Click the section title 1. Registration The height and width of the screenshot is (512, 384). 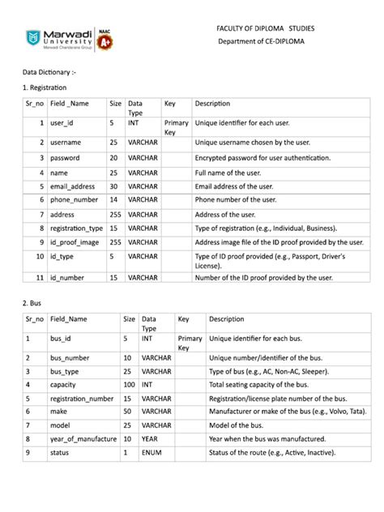click(45, 87)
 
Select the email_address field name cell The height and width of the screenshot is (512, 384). click(72, 186)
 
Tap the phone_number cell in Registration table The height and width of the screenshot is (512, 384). click(74, 199)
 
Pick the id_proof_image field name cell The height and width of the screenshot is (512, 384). click(75, 241)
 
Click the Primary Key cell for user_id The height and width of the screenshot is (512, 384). click(176, 127)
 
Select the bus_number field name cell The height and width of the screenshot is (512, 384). click(69, 357)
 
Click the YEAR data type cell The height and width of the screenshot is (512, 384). click(151, 438)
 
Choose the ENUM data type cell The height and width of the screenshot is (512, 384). click(151, 452)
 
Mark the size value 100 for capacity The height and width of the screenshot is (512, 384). click(129, 385)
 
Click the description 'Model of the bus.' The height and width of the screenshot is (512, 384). click(241, 425)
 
